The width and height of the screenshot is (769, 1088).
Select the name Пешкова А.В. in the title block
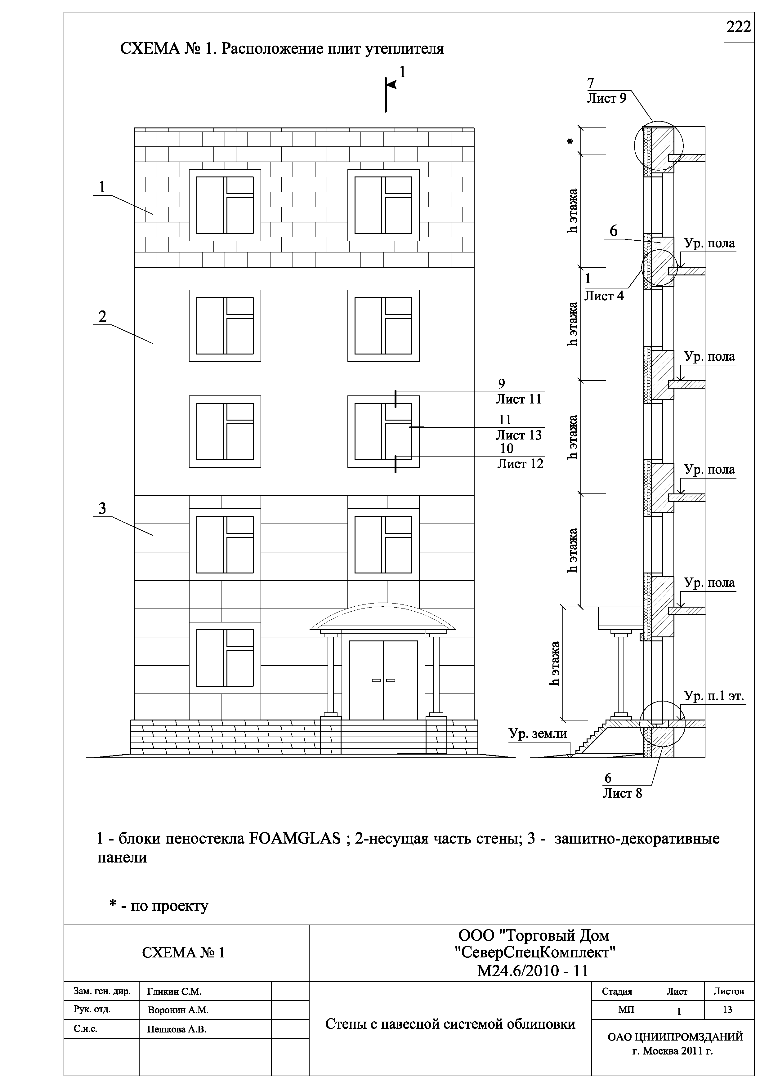[177, 1029]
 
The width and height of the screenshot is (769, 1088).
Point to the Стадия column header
[617, 991]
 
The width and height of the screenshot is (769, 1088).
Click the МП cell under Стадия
[626, 1010]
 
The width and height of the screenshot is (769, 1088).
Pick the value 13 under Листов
[727, 1010]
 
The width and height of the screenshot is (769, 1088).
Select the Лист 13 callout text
[518, 435]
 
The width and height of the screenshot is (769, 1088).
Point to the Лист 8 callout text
[622, 793]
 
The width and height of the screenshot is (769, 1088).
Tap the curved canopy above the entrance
[383, 616]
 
